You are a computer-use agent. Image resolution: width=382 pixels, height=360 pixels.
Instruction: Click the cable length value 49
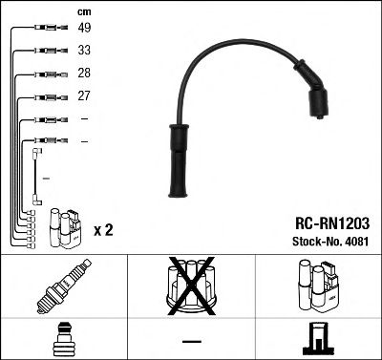pos(84,28)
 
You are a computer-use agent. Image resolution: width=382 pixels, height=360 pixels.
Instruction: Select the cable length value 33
pos(84,51)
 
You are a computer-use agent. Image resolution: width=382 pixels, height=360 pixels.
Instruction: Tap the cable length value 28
pos(84,74)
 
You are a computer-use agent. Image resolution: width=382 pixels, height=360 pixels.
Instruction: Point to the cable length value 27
pos(84,96)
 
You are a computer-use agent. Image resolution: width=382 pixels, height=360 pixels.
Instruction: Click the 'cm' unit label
pos(83,11)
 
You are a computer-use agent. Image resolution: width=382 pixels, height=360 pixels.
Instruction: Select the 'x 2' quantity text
pos(103,229)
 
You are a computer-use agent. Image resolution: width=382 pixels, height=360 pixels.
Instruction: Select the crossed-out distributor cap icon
pos(190,285)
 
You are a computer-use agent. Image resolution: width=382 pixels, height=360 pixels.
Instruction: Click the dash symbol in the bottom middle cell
pos(191,340)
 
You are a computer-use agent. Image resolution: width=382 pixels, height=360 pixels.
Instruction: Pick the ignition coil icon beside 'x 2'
pos(65,226)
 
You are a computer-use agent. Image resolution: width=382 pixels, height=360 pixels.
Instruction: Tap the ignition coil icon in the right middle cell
pos(318,286)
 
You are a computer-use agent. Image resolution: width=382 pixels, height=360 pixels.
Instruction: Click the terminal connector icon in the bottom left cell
pos(63,339)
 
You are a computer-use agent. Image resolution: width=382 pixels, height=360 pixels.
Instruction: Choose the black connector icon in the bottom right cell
pos(318,338)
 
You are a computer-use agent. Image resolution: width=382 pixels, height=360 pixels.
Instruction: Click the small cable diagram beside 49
pos(46,28)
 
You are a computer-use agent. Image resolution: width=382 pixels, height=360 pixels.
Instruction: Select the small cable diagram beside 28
pos(46,74)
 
